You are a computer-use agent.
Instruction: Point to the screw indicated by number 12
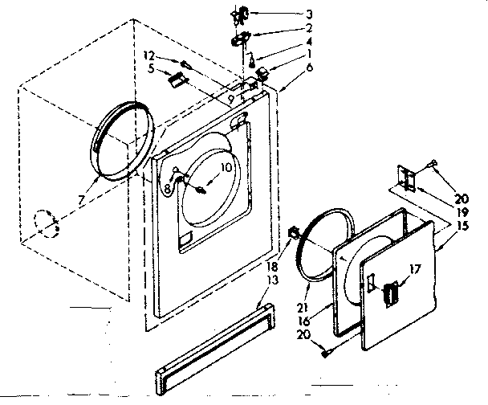pyautogui.click(x=185, y=64)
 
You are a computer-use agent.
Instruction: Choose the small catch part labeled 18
pyautogui.click(x=291, y=235)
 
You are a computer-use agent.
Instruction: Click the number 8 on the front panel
pyautogui.click(x=165, y=188)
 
